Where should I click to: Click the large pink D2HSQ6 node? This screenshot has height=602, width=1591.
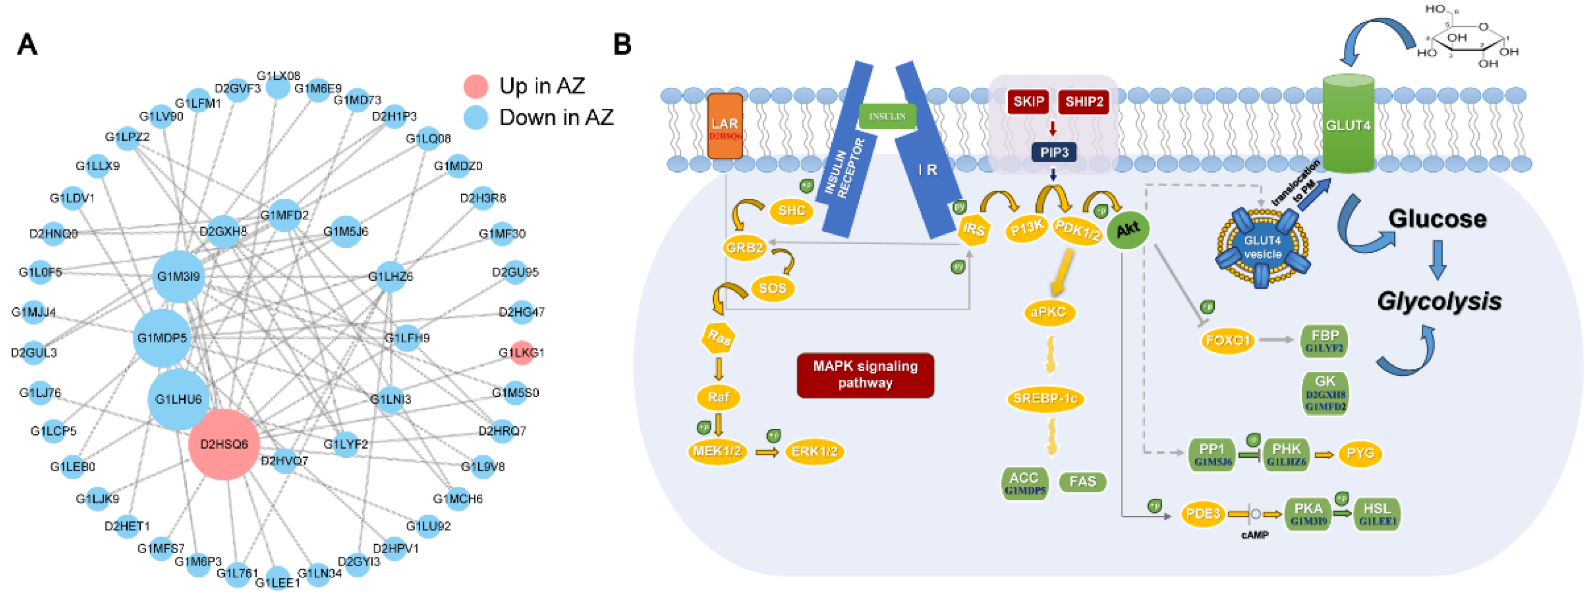tap(223, 444)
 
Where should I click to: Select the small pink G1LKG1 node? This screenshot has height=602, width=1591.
tap(522, 352)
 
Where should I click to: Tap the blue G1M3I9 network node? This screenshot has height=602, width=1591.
tap(178, 276)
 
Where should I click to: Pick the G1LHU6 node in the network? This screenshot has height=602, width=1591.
tap(178, 399)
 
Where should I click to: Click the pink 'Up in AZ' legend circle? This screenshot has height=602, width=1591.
tap(475, 86)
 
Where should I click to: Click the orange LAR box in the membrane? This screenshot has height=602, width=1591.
tap(724, 127)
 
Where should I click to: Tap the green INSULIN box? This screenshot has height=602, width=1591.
tap(887, 116)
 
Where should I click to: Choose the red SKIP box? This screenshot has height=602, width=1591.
tap(1028, 101)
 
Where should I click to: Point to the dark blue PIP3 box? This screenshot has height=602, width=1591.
tap(1054, 152)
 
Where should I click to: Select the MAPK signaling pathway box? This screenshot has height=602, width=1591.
tap(865, 375)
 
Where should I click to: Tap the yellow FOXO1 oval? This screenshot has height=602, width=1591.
tap(1227, 340)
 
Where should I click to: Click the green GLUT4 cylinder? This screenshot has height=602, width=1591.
tap(1348, 125)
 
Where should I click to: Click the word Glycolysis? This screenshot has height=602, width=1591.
tap(1439, 301)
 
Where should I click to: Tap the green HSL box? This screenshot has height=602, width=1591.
tap(1377, 513)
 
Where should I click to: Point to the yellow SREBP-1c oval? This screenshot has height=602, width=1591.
tap(1045, 399)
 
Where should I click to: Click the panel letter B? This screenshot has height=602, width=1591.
tap(622, 45)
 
